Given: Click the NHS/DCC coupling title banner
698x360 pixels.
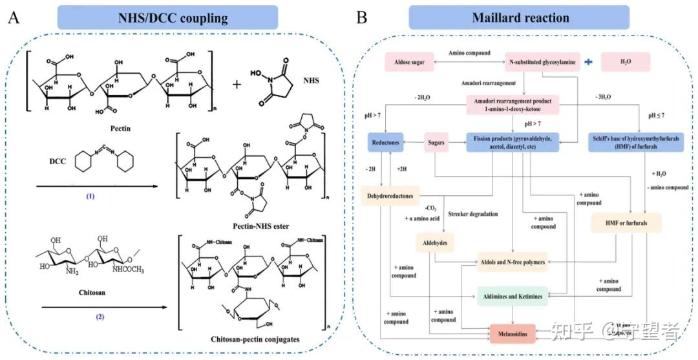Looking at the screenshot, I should tap(167, 17).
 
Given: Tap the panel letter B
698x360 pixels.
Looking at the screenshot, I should tap(363, 16).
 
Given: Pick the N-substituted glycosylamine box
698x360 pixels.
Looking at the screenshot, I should tap(541, 63).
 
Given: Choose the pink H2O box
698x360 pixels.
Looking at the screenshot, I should tap(624, 63).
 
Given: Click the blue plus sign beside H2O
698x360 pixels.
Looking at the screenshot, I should tap(588, 62).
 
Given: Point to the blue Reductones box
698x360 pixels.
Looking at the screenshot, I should tap(388, 142).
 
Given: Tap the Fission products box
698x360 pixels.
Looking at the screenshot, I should tap(513, 142).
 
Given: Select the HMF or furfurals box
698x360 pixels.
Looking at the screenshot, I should tap(626, 223).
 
